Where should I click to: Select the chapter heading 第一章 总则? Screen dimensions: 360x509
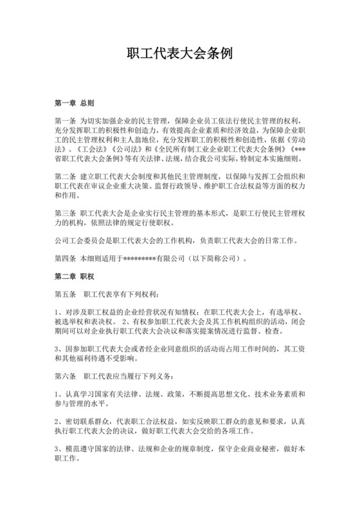coord(75,103)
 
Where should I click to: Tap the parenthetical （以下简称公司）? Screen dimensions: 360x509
coord(216,259)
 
